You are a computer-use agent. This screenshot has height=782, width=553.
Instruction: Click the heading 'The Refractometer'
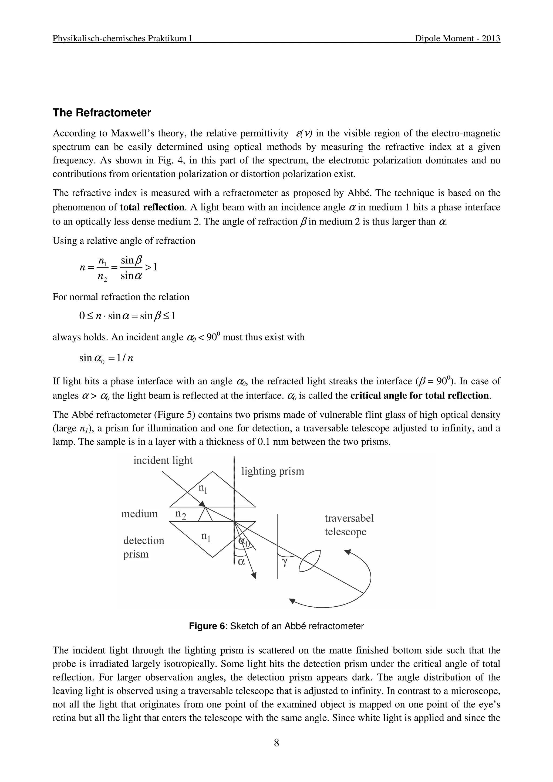click(x=102, y=113)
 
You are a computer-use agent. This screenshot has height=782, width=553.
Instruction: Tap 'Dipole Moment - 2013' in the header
click(x=457, y=39)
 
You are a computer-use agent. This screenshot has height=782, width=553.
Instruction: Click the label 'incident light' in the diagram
click(x=163, y=460)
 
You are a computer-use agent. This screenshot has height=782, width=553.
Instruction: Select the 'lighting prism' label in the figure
click(x=272, y=471)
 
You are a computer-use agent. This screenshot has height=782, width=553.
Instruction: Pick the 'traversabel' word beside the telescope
click(x=349, y=518)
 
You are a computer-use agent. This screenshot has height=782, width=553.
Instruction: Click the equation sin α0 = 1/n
click(x=106, y=358)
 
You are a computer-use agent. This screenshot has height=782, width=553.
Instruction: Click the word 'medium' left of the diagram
click(x=139, y=514)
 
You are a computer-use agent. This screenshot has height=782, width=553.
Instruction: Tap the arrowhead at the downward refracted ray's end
click(x=254, y=576)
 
